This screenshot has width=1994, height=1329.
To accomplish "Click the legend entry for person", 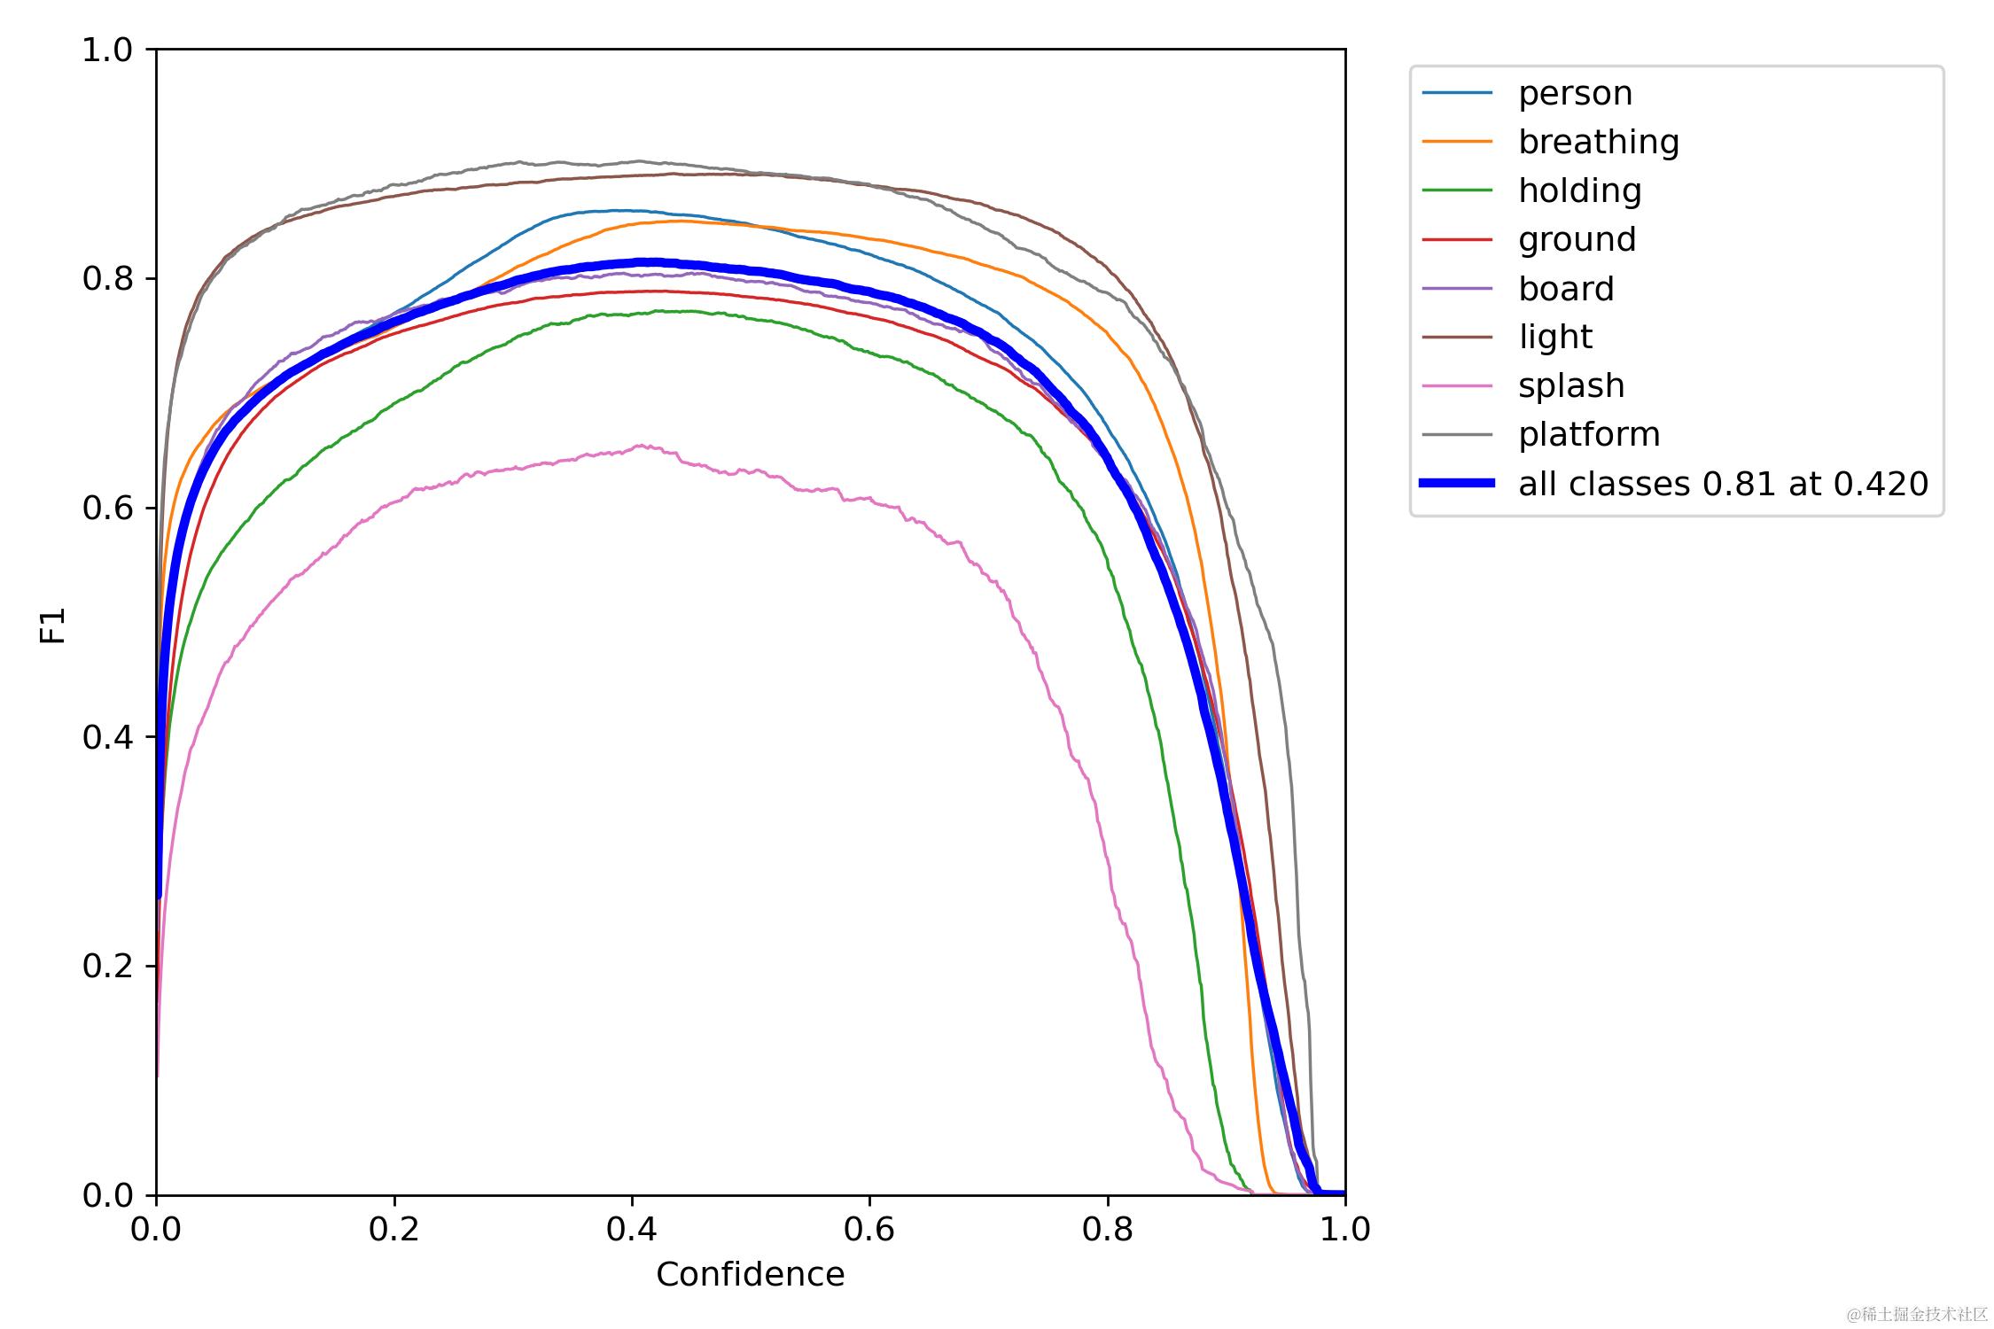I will click(1575, 93).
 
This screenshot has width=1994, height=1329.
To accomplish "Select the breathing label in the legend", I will click(1598, 142).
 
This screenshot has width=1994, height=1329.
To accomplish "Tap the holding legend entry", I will click(1579, 190).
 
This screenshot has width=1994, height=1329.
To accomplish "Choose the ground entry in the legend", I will click(1577, 239).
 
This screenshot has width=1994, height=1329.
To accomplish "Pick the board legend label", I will click(1566, 289).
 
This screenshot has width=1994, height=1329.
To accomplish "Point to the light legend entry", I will click(1554, 337).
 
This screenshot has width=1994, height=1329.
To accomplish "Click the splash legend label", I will click(1571, 385).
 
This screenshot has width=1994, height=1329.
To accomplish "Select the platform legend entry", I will click(1589, 434).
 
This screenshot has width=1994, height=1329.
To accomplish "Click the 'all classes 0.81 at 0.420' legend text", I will click(1723, 484).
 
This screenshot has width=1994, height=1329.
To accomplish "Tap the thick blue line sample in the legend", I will click(1457, 483).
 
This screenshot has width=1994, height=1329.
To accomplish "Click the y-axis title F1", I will click(53, 625).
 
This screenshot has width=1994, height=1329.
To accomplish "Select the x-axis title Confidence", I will click(750, 1274).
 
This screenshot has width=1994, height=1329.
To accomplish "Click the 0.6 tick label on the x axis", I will click(869, 1229).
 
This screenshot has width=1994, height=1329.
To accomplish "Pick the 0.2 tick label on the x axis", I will click(393, 1229).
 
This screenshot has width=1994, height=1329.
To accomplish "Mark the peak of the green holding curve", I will click(658, 311).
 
